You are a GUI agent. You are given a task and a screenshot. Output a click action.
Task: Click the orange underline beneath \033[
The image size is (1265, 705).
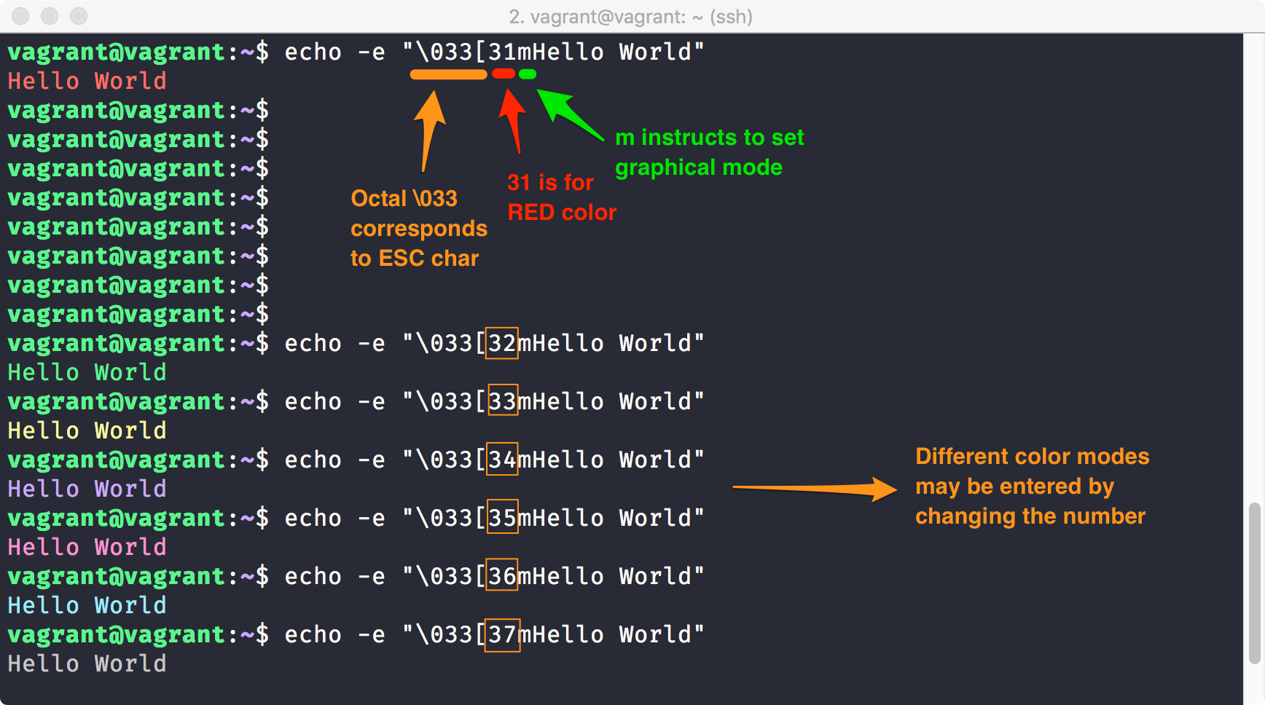pos(448,74)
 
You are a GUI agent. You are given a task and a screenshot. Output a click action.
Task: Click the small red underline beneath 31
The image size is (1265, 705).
pos(504,74)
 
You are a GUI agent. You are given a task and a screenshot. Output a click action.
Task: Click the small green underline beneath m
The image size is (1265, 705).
pos(528,74)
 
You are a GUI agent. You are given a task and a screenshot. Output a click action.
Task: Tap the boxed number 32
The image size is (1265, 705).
pos(502,343)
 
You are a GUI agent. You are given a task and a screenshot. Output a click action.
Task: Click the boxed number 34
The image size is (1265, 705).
pos(502,460)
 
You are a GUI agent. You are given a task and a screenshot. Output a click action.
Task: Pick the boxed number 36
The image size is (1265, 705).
pos(502,576)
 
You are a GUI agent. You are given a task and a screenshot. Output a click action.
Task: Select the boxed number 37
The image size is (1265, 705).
pos(503,634)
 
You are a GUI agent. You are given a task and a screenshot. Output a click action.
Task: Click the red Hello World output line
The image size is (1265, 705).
pos(87,81)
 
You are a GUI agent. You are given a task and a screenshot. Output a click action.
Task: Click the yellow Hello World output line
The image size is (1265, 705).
pos(87,430)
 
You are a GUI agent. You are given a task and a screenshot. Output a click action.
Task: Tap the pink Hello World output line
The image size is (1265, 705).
pos(87,547)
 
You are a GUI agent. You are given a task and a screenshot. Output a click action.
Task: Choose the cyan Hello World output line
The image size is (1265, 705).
pos(87,605)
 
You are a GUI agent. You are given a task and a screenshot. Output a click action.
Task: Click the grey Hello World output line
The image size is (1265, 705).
pos(87,663)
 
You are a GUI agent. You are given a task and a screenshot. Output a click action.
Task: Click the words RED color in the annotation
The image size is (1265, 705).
pos(562,213)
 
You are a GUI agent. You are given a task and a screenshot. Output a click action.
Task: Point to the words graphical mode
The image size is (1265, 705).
pos(698,168)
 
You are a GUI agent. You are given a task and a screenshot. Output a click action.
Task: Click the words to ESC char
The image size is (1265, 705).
pos(415,259)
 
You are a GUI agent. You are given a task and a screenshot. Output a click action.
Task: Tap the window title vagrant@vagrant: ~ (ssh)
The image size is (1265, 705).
pos(631,16)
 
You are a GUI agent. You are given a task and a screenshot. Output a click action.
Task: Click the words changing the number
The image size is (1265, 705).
pos(1030,516)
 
